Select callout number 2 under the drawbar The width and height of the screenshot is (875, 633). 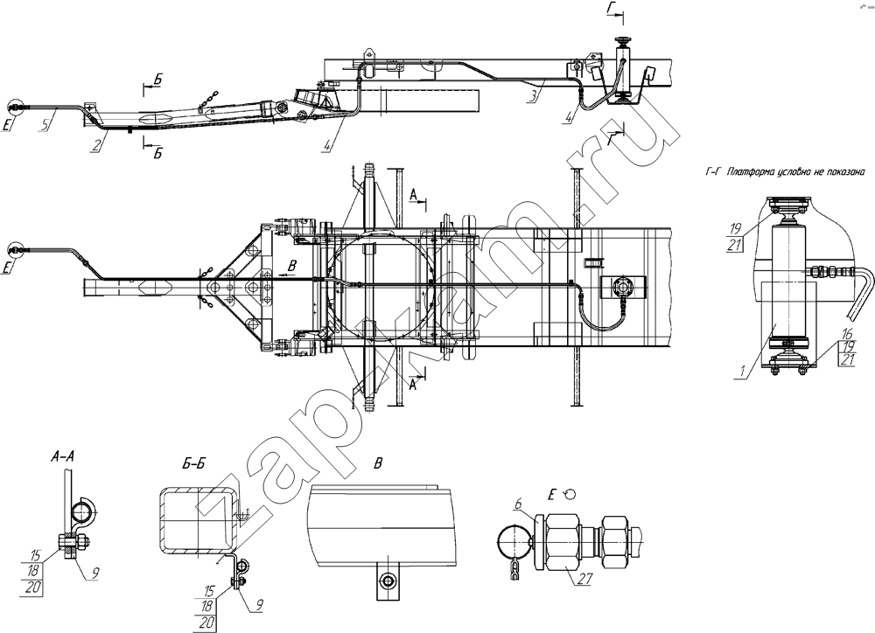pos(97,146)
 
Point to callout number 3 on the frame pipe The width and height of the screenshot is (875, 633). pos(534,95)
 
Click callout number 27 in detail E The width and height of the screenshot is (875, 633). pos(584,579)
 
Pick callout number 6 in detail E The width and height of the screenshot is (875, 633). pos(518,504)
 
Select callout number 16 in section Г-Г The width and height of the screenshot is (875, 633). pos(847,334)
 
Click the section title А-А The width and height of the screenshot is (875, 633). pos(63,457)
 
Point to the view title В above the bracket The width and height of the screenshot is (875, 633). pos(378,463)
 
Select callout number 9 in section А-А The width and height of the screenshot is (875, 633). pos(94,572)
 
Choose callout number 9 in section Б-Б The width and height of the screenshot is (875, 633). pos(259,605)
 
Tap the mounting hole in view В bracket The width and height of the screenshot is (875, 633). pos(388,582)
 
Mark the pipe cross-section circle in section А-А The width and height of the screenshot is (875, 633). pos(83,511)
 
